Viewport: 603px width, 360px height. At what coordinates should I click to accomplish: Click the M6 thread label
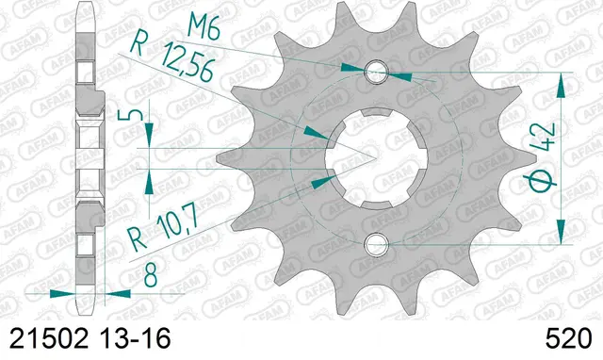pos(204,27)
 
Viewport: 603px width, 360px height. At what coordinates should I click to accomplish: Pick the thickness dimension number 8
pos(151,276)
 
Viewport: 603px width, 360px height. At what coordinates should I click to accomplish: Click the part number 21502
pos(49,338)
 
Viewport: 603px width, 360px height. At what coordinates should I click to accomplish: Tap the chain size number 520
pos(567,338)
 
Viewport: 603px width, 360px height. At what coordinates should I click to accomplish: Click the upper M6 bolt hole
pos(375,72)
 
